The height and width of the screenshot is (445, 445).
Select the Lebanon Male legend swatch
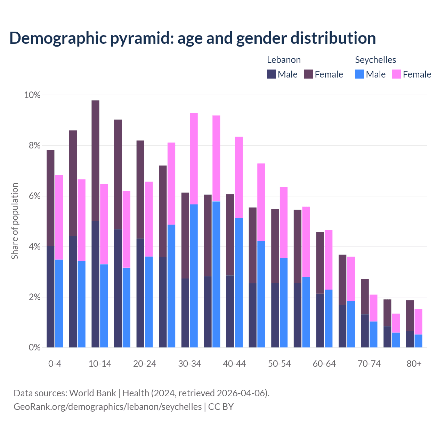coord(272,74)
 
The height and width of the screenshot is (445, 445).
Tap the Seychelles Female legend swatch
coord(396,74)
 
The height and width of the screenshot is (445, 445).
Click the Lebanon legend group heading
coord(284,60)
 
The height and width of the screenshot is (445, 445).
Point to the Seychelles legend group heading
coord(375,60)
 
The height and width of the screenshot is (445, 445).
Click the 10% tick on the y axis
coord(32,95)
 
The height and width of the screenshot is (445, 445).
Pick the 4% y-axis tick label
coord(34,247)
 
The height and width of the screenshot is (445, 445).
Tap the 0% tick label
coord(34,348)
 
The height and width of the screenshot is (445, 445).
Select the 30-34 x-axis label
coord(189,364)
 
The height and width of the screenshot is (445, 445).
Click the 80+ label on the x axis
coord(414,364)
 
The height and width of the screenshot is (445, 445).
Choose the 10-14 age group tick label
coord(100,364)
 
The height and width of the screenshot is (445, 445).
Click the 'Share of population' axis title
coord(15,221)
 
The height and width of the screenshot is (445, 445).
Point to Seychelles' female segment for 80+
coord(419,322)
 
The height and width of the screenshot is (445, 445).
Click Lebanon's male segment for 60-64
coord(320,320)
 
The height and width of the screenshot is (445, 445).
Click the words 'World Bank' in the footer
coord(92,393)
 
